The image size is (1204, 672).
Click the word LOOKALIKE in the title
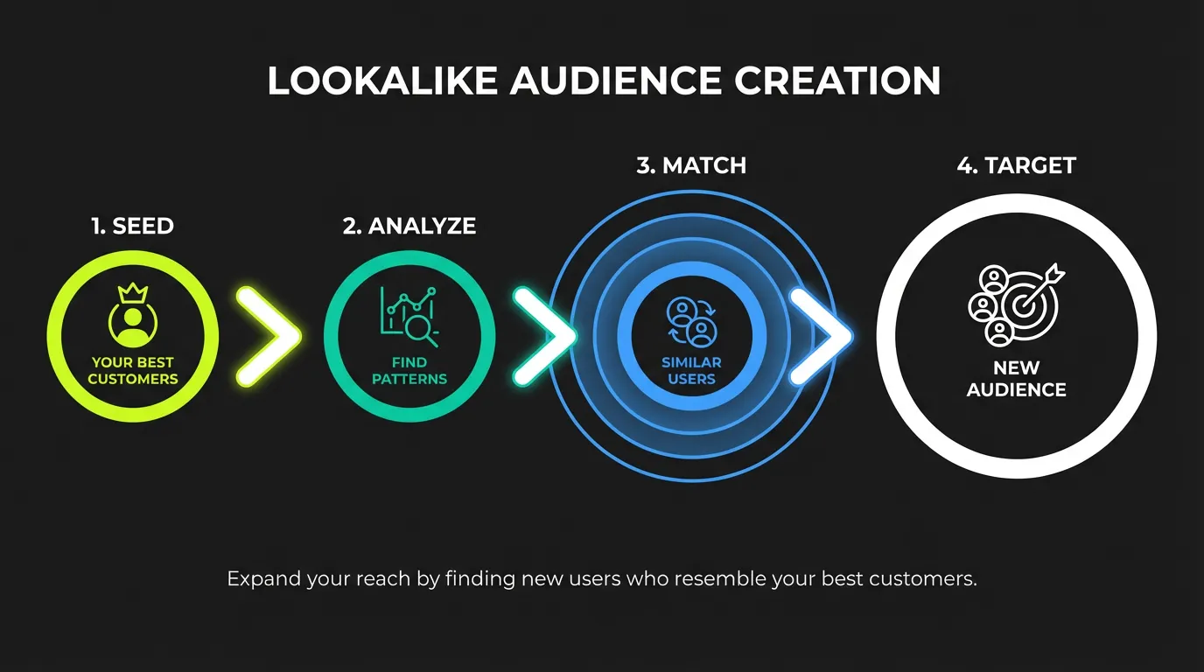382,81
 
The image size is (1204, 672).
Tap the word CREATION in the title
837,81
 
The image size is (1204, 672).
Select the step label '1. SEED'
132,226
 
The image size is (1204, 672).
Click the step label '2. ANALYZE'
409,226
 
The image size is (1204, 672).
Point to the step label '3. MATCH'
691,165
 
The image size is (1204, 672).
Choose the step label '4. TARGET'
1016,165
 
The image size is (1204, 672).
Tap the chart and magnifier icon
409,313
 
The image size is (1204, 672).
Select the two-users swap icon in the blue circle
691,321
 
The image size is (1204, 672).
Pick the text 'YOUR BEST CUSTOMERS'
132,371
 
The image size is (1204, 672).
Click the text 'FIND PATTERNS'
409,371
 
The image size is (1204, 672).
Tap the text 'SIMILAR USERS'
691,371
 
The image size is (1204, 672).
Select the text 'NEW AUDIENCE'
1016,379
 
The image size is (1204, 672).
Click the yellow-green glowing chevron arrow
268,334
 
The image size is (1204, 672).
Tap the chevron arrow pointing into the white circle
821,336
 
